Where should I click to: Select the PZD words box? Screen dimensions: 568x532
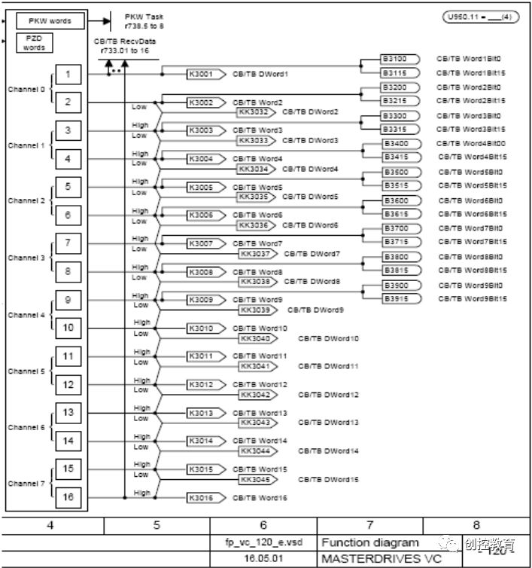34,42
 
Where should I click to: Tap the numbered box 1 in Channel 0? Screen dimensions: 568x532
68,74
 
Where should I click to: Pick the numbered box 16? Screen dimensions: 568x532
68,496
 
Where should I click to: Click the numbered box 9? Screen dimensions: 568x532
68,300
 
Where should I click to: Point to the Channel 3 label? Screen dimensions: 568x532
26,258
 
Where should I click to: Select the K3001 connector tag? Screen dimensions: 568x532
203,74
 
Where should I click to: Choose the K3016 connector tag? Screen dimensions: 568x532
203,497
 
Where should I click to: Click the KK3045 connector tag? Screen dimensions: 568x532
256,479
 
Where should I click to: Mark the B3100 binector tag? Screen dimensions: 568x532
399,59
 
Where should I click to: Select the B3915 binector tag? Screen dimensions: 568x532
399,299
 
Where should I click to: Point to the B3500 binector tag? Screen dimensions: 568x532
399,172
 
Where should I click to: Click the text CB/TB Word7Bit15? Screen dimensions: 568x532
473,243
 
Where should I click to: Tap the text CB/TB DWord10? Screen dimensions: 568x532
328,338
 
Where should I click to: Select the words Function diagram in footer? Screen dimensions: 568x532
370,542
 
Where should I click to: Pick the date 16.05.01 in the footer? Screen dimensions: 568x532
263,560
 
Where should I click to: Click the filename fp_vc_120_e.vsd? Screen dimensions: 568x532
263,542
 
